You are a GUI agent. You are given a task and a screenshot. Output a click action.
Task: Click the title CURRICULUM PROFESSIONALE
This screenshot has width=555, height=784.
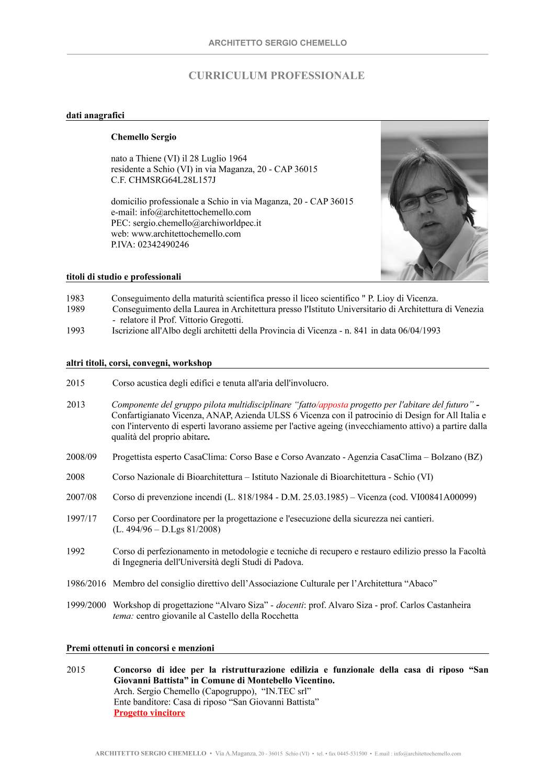(276, 76)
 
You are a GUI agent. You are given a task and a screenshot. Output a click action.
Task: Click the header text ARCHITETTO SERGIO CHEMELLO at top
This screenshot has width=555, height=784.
(277, 43)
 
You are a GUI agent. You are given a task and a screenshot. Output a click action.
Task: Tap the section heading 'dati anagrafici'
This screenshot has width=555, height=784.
(95, 116)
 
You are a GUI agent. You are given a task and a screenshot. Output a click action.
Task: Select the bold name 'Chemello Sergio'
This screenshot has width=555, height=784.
(143, 137)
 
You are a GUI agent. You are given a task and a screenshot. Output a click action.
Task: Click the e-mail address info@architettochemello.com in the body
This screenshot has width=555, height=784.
(195, 212)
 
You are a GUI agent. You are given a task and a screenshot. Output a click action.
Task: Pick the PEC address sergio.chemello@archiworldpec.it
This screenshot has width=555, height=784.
(197, 223)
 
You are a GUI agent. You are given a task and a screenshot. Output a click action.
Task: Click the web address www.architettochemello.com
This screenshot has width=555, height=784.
(186, 234)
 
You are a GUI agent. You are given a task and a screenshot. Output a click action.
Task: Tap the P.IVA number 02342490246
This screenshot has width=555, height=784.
(163, 245)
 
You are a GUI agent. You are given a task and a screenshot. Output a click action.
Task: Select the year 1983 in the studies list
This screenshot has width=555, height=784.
(75, 298)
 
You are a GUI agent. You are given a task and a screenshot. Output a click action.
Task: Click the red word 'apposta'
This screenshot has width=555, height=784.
(333, 405)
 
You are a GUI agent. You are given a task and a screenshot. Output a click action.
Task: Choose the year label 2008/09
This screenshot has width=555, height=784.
(81, 457)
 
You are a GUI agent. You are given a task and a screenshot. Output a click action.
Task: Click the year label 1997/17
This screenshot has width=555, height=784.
(81, 518)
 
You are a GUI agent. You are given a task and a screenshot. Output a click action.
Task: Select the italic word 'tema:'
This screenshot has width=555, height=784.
(123, 616)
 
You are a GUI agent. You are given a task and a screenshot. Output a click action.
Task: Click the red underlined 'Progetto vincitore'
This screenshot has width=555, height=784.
(149, 713)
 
